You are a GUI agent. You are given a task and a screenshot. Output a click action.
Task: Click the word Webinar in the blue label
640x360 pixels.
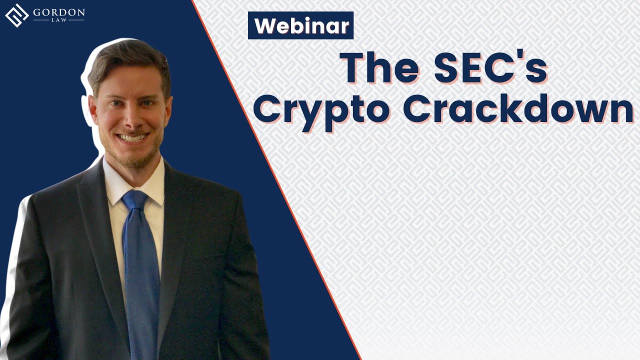tap(301, 26)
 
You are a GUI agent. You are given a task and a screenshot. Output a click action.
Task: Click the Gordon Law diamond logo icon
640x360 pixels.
tap(16, 15)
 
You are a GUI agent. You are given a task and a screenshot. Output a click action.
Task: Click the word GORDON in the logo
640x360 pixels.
tap(59, 11)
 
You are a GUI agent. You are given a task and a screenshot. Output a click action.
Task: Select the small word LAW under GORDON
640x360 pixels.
tap(59, 20)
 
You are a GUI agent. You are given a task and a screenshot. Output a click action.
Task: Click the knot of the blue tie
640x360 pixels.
tap(134, 200)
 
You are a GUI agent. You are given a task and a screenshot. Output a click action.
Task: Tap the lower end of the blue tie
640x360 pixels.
tap(142, 345)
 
